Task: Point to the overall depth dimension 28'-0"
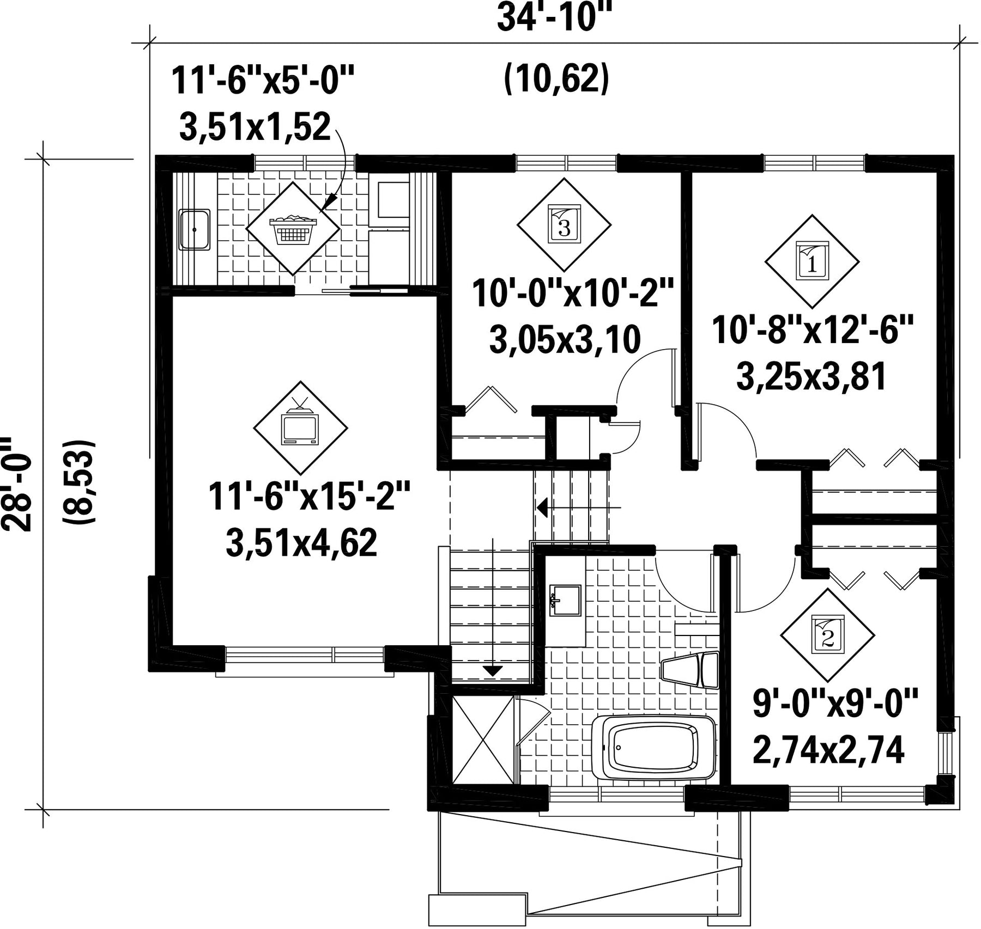[15, 483]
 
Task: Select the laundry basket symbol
[293, 228]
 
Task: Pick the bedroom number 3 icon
[564, 224]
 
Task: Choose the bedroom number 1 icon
[812, 261]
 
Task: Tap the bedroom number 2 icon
[827, 634]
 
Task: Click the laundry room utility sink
[195, 229]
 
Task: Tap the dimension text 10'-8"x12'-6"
[812, 330]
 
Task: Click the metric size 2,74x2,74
[828, 750]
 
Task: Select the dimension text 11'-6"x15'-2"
[308, 496]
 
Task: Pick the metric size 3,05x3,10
[565, 340]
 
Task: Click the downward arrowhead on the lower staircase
[493, 671]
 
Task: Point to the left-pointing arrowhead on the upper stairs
[542, 508]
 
